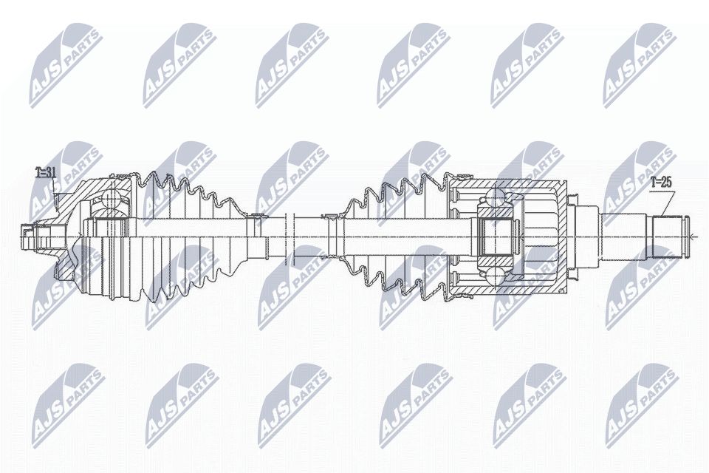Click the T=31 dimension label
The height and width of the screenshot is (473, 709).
tap(46, 174)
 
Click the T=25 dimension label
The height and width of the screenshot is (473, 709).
tap(661, 180)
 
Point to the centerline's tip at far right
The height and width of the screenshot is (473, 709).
tap(695, 236)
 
